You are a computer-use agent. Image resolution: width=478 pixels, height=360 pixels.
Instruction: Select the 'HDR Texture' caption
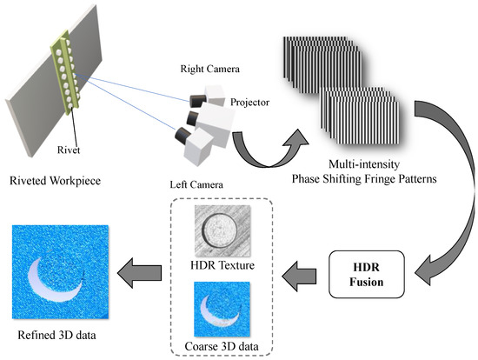(220, 264)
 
